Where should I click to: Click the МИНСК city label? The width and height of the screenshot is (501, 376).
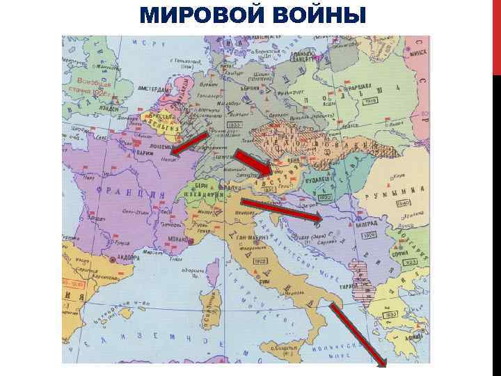(420, 52)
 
